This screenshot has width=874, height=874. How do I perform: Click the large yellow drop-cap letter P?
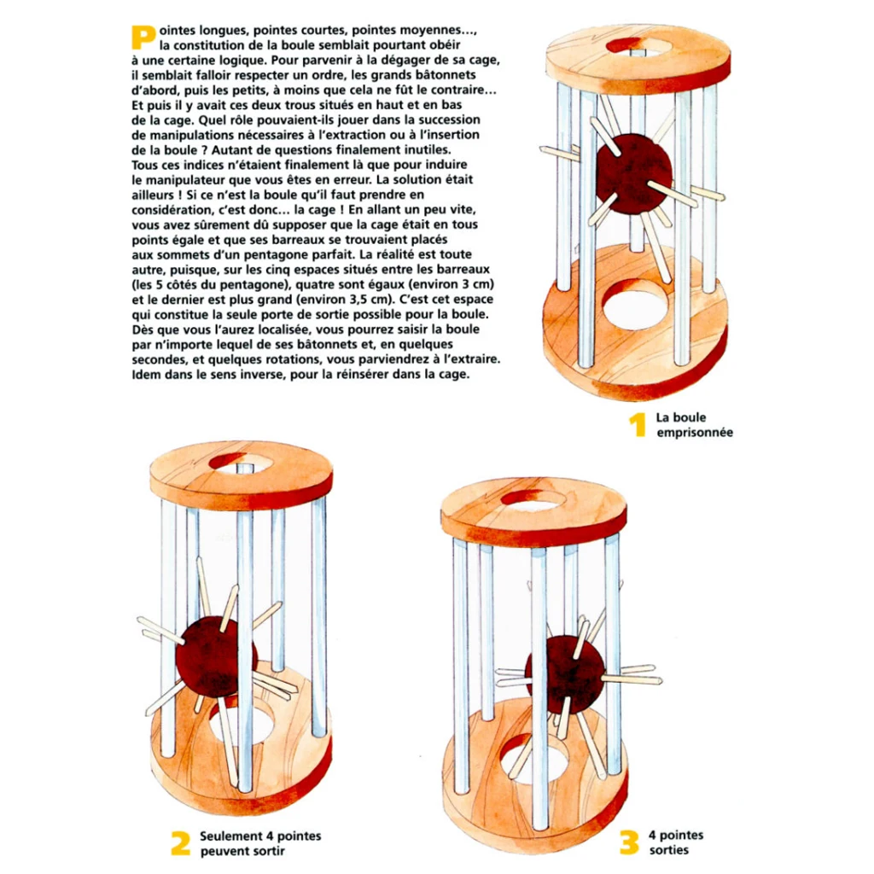point(143,35)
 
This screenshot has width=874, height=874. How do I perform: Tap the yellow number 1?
point(636,424)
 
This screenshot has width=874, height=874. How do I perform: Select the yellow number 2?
point(180,842)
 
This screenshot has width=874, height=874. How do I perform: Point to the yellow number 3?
point(629,842)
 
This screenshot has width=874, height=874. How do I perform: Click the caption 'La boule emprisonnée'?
point(694,425)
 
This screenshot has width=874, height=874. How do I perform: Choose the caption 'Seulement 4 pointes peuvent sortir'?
point(260,843)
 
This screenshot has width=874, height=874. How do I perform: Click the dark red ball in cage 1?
point(632,174)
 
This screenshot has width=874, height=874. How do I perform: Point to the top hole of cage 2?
point(241,463)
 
